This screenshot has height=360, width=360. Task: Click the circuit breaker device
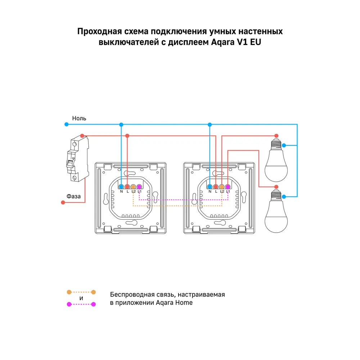77,159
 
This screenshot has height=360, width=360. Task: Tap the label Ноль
79,118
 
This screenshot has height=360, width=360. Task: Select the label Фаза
73,196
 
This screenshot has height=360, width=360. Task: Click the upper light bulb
276,161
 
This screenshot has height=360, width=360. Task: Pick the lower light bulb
276,212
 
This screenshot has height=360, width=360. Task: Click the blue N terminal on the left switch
121,186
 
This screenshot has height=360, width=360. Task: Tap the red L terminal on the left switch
127,186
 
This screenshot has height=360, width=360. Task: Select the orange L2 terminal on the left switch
133,186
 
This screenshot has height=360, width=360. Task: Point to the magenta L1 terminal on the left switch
139,186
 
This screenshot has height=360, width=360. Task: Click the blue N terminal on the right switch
210,186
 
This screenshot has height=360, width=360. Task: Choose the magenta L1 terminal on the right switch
228,186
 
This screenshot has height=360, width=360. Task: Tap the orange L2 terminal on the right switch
222,186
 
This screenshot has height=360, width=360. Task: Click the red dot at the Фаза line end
63,202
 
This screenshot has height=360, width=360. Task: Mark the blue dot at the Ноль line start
66,125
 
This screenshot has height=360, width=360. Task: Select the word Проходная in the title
99,31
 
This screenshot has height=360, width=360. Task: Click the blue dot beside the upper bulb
284,145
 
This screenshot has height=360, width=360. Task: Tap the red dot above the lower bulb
276,187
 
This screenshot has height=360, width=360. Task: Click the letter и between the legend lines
81,298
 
